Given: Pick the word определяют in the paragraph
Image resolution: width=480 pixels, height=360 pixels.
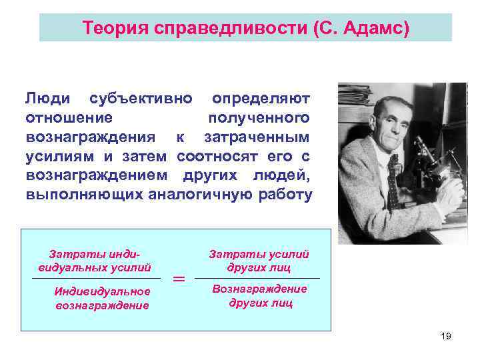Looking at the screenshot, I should tap(261, 99).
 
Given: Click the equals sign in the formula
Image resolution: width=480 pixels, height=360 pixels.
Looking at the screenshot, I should tap(179, 280).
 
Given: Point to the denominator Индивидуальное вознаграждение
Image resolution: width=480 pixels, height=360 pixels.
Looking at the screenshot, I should tap(102, 298).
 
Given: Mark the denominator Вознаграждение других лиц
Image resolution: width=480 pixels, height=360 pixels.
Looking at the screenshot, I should tap(259, 295).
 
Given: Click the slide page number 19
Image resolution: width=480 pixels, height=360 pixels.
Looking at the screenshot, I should tap(446, 336).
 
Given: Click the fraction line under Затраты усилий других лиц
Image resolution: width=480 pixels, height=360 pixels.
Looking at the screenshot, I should tap(259, 278).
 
